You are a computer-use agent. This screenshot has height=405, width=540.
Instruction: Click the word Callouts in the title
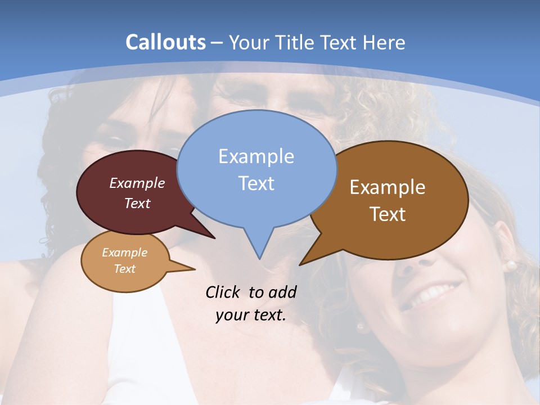165,42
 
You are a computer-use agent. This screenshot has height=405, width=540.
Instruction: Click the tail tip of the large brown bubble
300,264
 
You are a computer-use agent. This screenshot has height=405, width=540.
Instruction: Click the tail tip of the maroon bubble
214,238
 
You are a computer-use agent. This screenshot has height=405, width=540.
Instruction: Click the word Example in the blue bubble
256,156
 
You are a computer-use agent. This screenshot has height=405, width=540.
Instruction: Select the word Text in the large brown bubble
388,214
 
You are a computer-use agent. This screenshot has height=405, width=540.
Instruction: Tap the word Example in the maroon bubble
137,183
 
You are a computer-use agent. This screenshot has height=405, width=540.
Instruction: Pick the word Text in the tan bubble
125,269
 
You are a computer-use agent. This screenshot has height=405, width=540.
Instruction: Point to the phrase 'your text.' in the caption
251,315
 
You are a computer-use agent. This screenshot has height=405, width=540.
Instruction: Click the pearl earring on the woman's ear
510,265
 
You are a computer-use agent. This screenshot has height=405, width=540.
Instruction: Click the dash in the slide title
217,42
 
